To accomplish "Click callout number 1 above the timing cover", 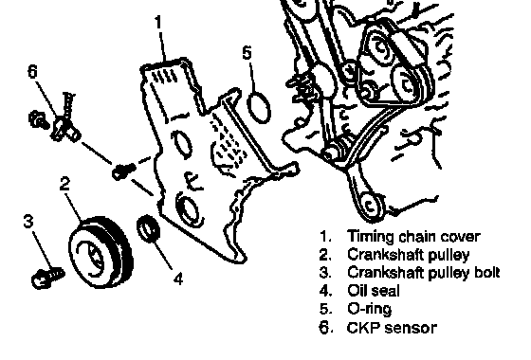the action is click(x=159, y=23).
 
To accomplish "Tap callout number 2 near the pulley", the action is click(x=64, y=184).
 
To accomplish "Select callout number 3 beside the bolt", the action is click(x=28, y=221).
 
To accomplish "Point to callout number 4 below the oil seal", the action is click(x=178, y=279).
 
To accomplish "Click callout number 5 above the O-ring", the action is click(x=247, y=52).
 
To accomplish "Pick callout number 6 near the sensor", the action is click(x=32, y=71).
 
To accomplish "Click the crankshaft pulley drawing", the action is click(x=101, y=252).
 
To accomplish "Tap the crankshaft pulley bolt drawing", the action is click(x=47, y=277).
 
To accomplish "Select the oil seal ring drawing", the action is click(x=149, y=228).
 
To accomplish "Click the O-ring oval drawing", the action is click(x=259, y=107).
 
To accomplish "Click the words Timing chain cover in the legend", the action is click(x=413, y=236).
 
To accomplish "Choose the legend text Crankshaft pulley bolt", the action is click(x=423, y=273).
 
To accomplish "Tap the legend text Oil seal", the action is click(x=374, y=291).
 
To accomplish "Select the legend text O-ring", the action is click(x=370, y=309).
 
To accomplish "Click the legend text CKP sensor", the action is click(x=392, y=328).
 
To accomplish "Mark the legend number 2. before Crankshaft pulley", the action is click(x=325, y=255).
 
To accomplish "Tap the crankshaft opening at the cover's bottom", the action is click(x=188, y=210).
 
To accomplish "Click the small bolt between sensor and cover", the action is click(x=123, y=171).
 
